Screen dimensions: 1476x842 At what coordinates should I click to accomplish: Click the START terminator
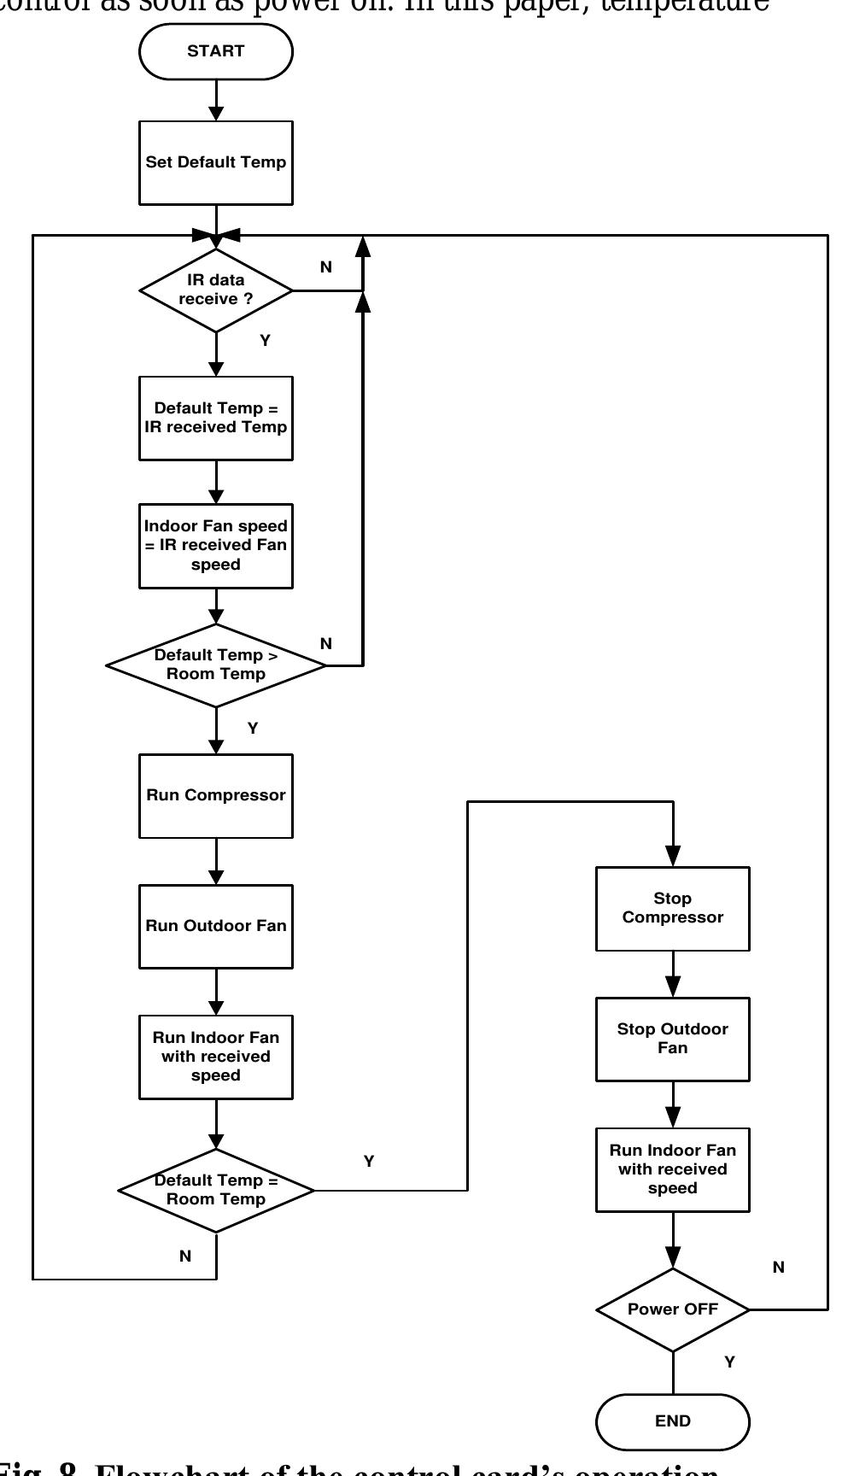[x=215, y=51]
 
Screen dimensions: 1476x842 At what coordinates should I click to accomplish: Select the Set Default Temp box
[x=215, y=162]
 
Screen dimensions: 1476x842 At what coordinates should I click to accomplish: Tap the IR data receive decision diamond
[x=215, y=290]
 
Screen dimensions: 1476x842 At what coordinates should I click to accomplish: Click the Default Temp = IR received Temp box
[x=215, y=418]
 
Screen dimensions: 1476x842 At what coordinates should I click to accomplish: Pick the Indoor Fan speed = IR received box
[x=215, y=545]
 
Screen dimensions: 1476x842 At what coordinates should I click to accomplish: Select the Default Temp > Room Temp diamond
[x=215, y=665]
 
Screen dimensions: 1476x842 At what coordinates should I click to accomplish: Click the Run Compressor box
[x=215, y=795]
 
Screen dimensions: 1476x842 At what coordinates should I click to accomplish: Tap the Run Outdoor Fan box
[x=215, y=926]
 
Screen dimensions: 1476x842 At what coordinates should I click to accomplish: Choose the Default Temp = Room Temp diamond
[x=215, y=1190]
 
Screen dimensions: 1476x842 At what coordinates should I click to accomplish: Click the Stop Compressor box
[x=672, y=908]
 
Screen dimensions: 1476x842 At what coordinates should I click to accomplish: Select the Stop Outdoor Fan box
[x=672, y=1039]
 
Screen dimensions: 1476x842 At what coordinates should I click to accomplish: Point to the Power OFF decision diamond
[x=672, y=1309]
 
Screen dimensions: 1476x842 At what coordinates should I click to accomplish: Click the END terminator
[x=672, y=1421]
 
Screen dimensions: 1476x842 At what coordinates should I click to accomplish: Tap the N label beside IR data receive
[x=325, y=267]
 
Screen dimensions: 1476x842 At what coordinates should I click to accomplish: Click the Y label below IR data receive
[x=265, y=341]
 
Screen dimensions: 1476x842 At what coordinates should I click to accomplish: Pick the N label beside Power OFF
[x=778, y=1268]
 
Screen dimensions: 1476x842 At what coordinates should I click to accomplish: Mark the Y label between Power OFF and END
[x=729, y=1362]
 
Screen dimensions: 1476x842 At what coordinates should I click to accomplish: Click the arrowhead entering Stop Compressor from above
[x=673, y=857]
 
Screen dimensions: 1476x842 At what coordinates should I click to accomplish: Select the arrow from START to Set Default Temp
[x=216, y=100]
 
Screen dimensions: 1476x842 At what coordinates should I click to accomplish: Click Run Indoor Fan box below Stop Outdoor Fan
[x=672, y=1169]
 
